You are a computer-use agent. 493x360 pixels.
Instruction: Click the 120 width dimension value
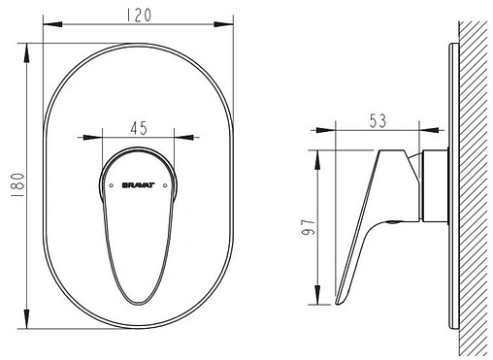click(139, 16)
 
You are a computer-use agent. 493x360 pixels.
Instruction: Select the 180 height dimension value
click(17, 185)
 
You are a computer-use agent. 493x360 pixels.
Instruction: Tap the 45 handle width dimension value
click(139, 128)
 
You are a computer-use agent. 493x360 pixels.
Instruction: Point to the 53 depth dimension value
click(378, 120)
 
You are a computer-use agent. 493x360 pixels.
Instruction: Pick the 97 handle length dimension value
click(308, 227)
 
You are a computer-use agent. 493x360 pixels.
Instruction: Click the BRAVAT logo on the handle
click(139, 185)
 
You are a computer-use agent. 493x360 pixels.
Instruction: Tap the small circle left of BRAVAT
click(112, 185)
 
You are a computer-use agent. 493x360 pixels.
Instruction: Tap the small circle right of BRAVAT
click(165, 185)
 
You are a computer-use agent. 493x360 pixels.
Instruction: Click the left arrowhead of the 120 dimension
click(52, 24)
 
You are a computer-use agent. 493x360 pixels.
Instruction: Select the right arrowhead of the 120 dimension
click(223, 24)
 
